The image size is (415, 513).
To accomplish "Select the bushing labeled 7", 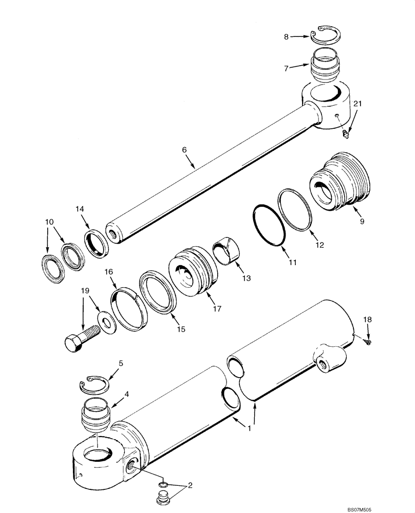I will point(325,66).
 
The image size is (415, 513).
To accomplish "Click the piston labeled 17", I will point(192,272).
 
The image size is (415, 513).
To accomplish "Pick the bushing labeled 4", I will point(96,412).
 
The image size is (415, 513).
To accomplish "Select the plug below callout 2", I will point(162,497).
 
